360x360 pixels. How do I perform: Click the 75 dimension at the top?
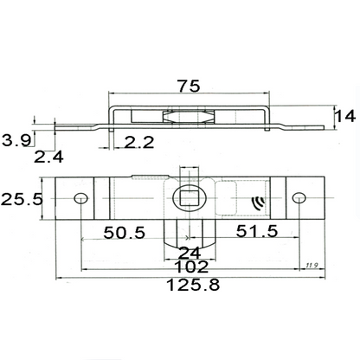(189, 87)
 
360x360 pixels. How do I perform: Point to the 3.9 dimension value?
(16, 139)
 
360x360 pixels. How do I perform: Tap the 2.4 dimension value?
(49, 157)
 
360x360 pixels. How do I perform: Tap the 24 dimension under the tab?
(188, 253)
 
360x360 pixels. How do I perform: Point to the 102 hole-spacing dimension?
(188, 267)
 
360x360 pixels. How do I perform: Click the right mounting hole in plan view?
(299, 198)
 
